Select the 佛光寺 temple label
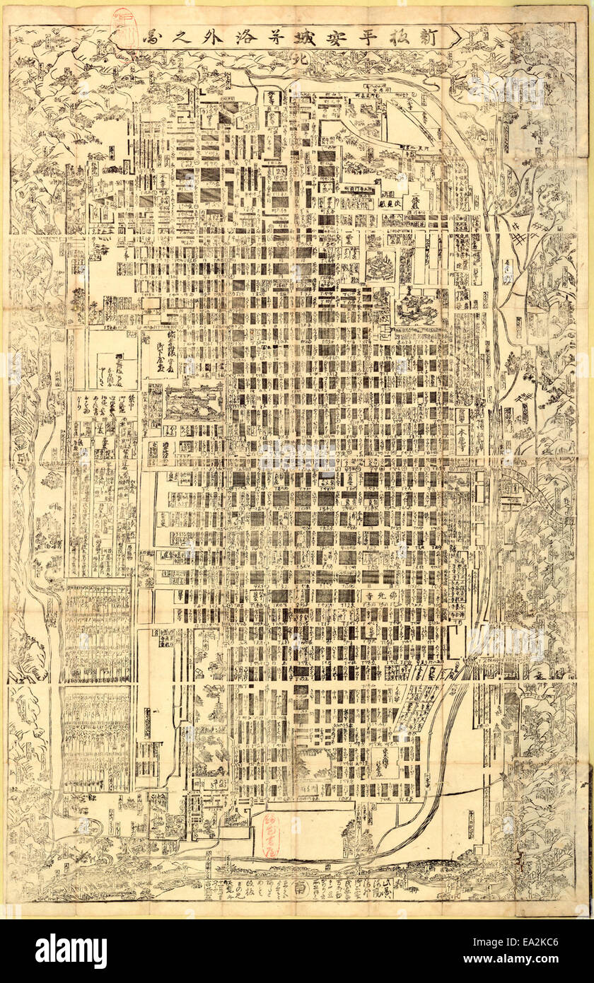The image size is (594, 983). (380, 596)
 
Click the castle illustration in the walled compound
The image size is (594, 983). (193, 402)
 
